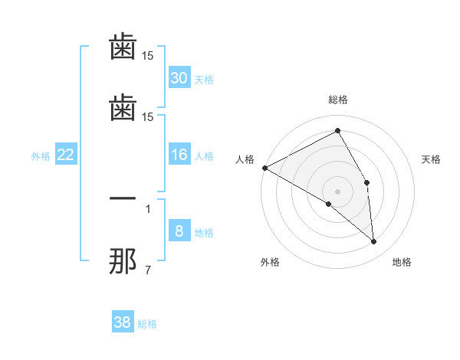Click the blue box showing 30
[179, 78]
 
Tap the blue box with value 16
[179, 155]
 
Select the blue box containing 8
[179, 232]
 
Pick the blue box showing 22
[66, 155]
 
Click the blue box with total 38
[123, 322]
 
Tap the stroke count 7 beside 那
[148, 270]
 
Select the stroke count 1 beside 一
[148, 208]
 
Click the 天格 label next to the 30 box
[204, 80]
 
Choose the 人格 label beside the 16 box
[204, 156]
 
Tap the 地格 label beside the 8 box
[204, 233]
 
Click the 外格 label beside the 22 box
[41, 156]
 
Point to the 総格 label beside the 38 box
[147, 324]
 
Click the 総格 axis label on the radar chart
[338, 100]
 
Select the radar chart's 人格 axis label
[245, 159]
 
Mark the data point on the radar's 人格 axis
[264, 168]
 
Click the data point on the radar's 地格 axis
[373, 242]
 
